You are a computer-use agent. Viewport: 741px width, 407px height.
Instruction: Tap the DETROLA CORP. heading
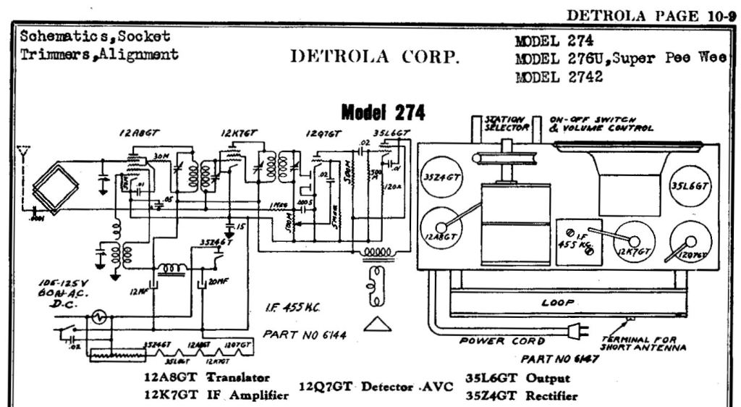click(x=375, y=57)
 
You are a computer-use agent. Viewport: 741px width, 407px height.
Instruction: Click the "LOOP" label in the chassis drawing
click(x=557, y=303)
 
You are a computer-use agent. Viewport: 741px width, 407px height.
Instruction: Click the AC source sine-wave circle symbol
click(x=96, y=316)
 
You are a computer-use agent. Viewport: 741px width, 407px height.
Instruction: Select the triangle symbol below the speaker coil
click(x=377, y=324)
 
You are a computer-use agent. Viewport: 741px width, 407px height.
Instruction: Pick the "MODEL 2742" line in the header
click(x=558, y=78)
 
